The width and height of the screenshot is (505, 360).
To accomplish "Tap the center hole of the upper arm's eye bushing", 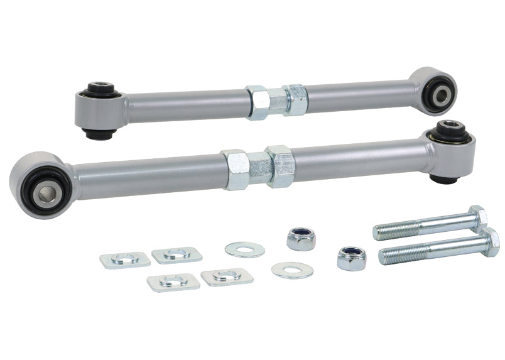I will click(438, 95).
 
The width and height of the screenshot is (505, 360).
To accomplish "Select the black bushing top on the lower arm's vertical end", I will click(449, 128).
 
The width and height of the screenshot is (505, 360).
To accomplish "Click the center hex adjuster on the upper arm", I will click(276, 101).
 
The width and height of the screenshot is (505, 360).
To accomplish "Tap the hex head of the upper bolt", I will click(478, 218).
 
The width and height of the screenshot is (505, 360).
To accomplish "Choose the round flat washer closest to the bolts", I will click(293, 270).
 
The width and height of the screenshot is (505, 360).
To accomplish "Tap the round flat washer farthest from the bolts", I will click(245, 249).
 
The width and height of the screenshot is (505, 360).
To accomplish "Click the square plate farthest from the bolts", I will click(125, 259).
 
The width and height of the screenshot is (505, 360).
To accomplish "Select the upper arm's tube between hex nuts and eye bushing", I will click(358, 97).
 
